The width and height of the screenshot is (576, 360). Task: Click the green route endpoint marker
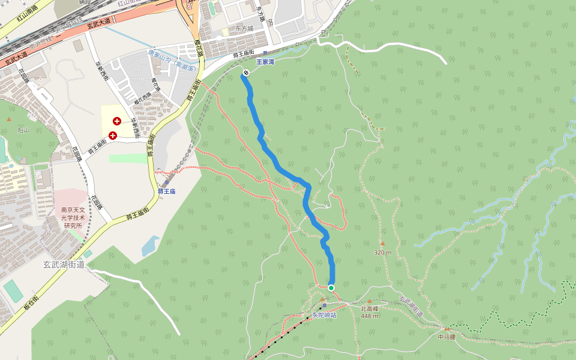click(331, 288)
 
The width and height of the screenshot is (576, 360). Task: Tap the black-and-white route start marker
click(246, 73)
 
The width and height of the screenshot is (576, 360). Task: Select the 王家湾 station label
click(265, 61)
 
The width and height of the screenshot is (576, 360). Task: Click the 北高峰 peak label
click(370, 309)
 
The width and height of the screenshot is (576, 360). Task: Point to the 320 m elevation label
click(382, 252)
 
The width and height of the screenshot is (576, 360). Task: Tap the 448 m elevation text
click(370, 316)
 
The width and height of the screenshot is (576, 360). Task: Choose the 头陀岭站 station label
click(324, 314)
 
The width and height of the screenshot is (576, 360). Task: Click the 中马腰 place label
click(447, 337)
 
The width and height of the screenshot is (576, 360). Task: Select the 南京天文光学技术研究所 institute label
click(76, 218)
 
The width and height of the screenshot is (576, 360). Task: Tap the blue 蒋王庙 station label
click(166, 191)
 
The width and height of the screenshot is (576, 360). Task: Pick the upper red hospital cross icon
click(116, 121)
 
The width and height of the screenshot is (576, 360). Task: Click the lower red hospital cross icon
click(112, 136)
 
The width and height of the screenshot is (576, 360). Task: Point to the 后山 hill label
click(23, 130)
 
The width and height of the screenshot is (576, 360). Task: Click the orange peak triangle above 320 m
click(382, 244)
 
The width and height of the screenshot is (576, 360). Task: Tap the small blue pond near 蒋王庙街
click(150, 245)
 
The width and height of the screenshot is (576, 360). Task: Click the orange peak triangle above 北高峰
click(370, 301)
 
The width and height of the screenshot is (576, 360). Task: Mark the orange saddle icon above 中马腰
click(446, 329)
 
